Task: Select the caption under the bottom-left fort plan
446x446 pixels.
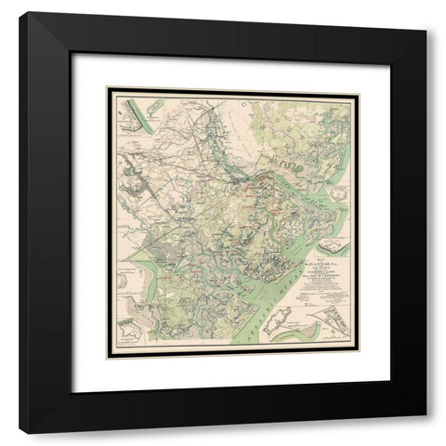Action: (x=126, y=346)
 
